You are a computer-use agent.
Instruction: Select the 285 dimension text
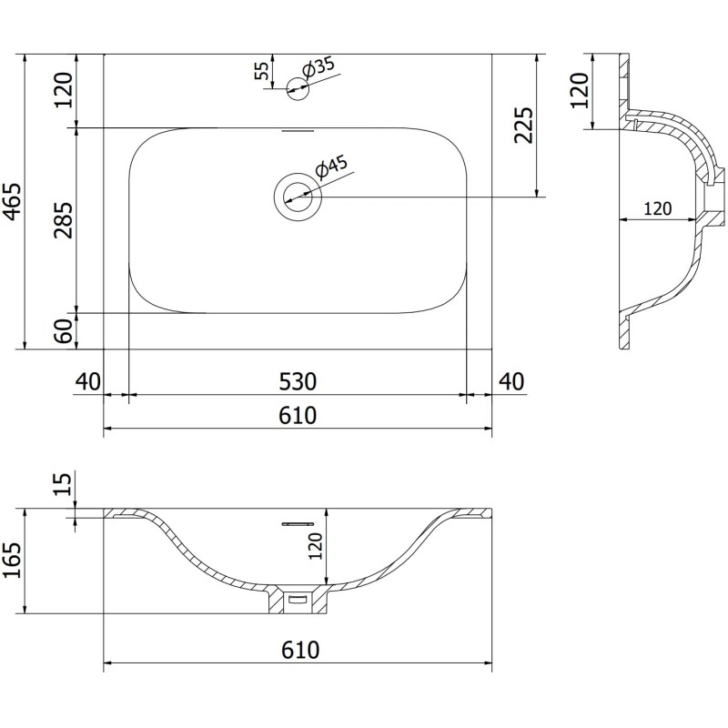63,219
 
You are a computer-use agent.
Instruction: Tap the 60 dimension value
63,331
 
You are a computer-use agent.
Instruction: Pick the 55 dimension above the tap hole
262,71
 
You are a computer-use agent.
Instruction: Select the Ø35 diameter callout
319,68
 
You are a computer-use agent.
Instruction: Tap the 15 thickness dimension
63,484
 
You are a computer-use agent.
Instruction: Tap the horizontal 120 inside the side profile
657,208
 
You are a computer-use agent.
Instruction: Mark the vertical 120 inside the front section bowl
314,546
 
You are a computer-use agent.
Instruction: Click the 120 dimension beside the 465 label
63,90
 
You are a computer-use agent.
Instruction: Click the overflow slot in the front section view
298,524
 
